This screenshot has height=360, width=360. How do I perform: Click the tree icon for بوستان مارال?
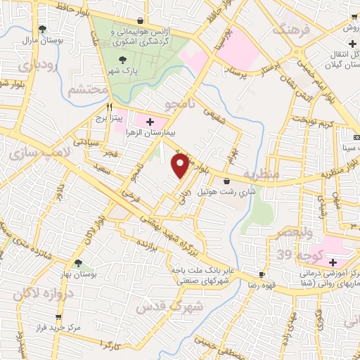[x=44, y=29]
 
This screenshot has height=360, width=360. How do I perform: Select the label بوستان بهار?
[x=78, y=275]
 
